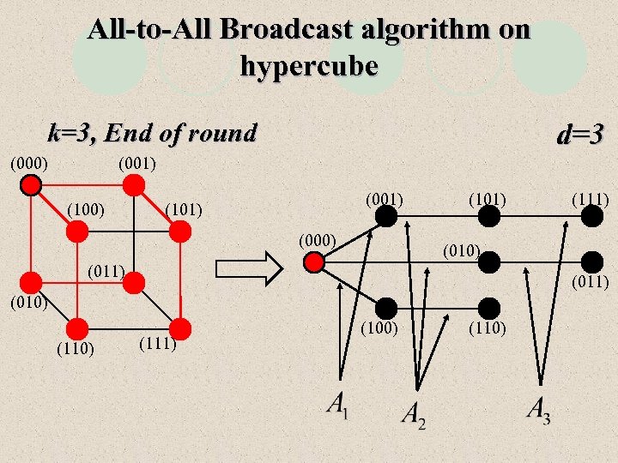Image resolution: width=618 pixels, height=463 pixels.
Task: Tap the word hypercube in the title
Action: [309, 65]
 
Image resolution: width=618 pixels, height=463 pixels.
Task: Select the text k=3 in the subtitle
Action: [69, 133]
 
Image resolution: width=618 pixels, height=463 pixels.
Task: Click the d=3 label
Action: [581, 135]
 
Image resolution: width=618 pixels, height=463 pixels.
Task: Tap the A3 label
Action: [539, 410]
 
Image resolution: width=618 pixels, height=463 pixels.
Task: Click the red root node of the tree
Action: [314, 262]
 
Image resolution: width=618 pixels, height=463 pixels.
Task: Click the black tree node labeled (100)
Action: [385, 306]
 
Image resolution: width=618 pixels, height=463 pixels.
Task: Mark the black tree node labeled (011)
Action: [591, 262]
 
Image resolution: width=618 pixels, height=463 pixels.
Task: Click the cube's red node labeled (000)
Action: [32, 185]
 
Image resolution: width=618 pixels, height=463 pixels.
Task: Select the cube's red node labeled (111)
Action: [180, 327]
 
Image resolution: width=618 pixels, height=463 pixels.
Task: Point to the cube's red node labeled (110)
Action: [77, 327]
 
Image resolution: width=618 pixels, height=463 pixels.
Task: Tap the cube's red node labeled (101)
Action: [180, 230]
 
